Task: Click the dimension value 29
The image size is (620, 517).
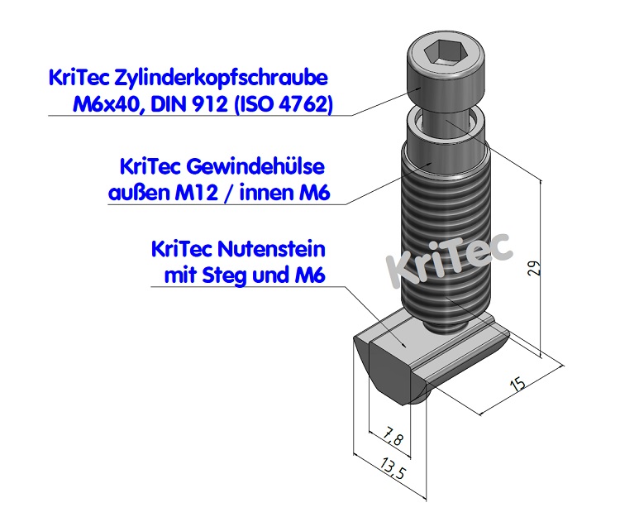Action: [535, 267]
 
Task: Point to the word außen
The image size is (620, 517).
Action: [135, 194]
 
